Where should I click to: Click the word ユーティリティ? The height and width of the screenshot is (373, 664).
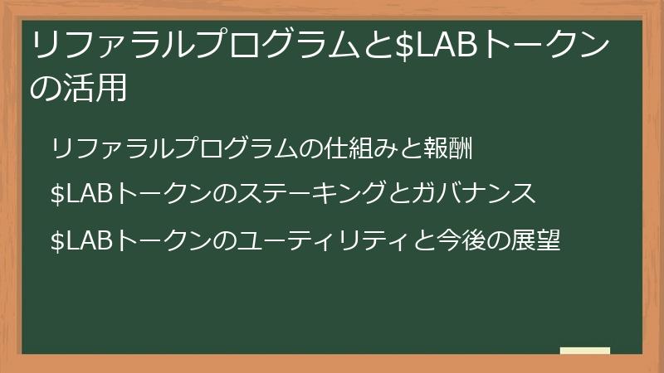point(309,240)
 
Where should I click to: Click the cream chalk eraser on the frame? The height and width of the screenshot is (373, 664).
point(585,351)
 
